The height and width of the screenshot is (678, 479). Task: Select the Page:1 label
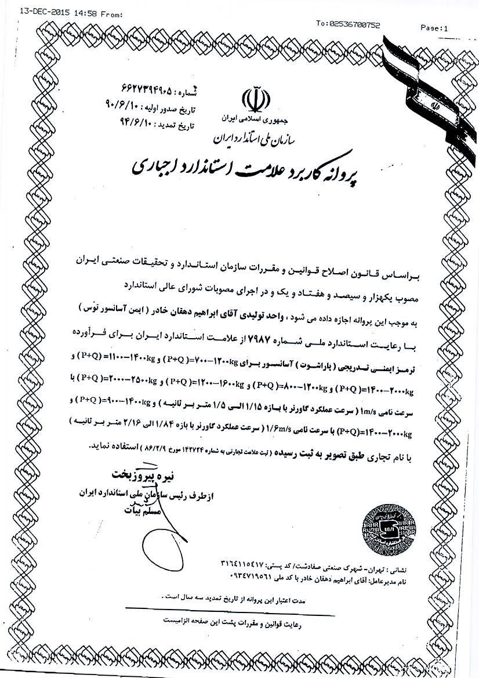[x=434, y=27]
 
